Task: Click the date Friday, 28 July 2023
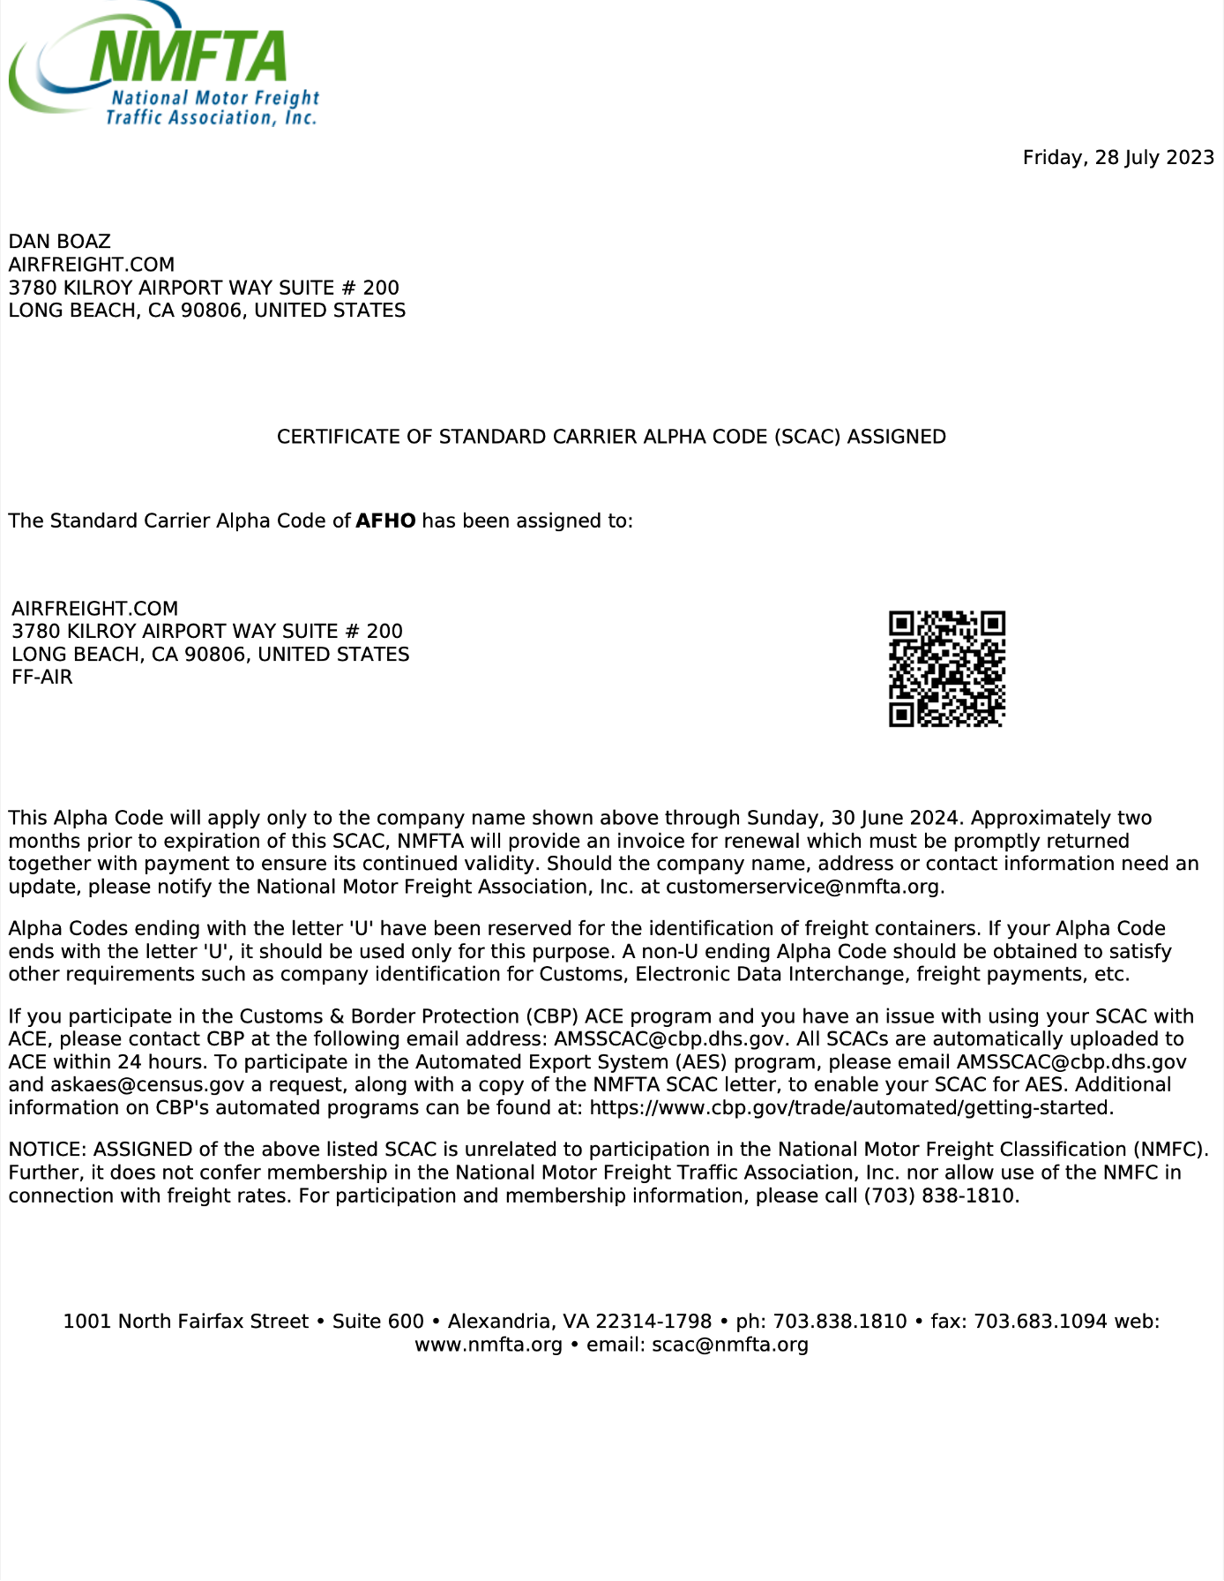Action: (1117, 158)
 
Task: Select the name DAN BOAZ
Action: (60, 242)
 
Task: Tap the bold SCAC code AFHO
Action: (385, 521)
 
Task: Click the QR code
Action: (946, 669)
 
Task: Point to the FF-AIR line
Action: (42, 678)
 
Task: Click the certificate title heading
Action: (611, 438)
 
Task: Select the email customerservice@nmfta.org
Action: (804, 888)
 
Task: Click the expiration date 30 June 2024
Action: (895, 819)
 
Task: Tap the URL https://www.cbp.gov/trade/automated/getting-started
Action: (851, 1108)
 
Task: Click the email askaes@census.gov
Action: (135, 1085)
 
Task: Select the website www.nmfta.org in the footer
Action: (489, 1345)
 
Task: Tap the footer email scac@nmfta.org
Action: (729, 1345)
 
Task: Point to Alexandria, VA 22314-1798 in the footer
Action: (579, 1322)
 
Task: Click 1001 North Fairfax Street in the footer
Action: (185, 1322)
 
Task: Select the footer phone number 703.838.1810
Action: (840, 1322)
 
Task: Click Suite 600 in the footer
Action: (377, 1322)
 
